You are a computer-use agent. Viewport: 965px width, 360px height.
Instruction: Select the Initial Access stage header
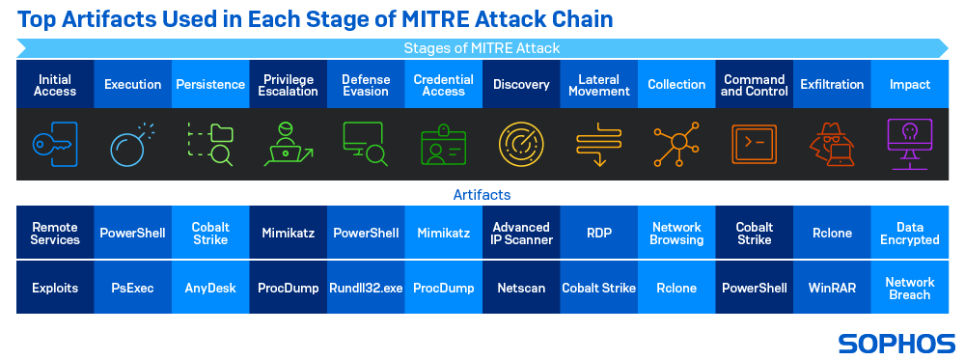tap(55, 85)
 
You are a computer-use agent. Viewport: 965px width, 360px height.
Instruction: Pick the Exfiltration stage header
tap(832, 85)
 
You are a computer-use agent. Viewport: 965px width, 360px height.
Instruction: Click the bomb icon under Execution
tap(133, 145)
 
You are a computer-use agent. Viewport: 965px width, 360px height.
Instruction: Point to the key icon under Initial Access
tap(55, 145)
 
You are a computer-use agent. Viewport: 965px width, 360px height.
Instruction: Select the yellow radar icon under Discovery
tap(521, 145)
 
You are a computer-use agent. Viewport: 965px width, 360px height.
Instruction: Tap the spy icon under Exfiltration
tap(832, 145)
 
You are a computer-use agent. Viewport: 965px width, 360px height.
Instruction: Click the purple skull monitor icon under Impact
tap(909, 145)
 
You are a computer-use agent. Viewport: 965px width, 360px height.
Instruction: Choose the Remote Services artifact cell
tap(55, 233)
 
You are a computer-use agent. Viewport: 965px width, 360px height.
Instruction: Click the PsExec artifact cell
tap(133, 288)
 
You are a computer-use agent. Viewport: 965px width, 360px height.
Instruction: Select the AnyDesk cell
tap(210, 288)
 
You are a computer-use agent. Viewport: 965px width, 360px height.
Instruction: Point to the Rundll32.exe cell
tap(366, 288)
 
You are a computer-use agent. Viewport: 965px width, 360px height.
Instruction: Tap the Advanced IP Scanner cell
tap(521, 233)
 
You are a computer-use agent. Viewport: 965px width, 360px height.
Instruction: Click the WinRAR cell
tap(832, 288)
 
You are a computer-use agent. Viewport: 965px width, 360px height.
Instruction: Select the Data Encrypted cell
tap(909, 233)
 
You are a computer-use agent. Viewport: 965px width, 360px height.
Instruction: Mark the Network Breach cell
tap(909, 288)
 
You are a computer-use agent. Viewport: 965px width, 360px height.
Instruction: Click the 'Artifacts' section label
tap(482, 195)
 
